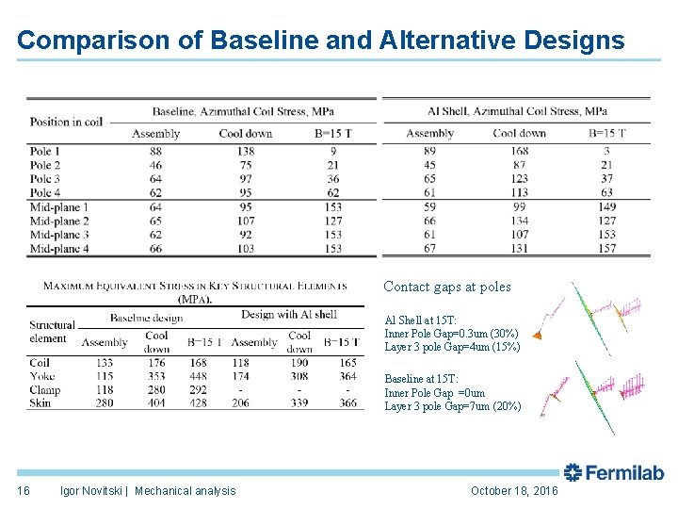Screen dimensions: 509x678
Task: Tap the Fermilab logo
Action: coord(613,473)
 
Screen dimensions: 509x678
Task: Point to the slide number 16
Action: coord(24,491)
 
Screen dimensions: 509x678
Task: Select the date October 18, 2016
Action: coord(514,491)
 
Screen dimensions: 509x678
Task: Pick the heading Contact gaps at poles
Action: coord(447,287)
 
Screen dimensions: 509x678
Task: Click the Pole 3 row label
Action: coord(44,179)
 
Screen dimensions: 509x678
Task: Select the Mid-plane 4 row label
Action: coord(58,249)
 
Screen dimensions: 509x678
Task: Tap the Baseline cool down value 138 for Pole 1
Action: coord(245,151)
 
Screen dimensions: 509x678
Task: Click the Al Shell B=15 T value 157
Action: coord(606,249)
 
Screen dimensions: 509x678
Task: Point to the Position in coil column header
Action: coord(66,122)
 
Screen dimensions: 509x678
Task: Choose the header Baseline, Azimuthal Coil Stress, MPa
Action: coord(243,111)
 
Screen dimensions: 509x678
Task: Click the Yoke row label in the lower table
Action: coord(42,376)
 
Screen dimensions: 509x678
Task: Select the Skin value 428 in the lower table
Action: coord(198,403)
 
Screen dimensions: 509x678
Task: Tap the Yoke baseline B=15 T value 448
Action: coord(198,376)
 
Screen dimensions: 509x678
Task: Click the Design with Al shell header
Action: coord(288,315)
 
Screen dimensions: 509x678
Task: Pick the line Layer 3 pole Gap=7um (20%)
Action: coord(452,407)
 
